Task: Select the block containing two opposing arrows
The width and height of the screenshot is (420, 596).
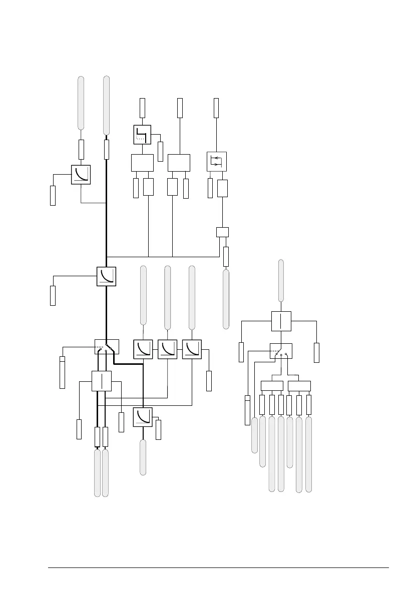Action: click(x=217, y=161)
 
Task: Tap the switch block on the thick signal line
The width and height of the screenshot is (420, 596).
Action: click(x=106, y=345)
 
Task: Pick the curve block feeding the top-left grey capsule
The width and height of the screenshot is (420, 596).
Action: click(x=81, y=174)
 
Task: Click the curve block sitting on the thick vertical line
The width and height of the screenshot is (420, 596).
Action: click(x=106, y=276)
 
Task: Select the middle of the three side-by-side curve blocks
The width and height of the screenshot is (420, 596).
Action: click(x=167, y=349)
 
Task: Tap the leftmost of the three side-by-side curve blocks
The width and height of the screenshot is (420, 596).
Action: click(x=143, y=349)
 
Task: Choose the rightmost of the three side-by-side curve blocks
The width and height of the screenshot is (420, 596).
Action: click(x=192, y=349)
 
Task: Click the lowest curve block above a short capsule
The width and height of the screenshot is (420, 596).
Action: click(x=143, y=417)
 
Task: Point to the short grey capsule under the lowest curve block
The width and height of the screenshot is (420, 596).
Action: click(x=143, y=457)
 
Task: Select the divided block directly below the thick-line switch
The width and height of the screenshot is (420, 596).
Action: click(x=102, y=381)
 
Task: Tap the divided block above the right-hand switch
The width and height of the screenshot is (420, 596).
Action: click(x=281, y=321)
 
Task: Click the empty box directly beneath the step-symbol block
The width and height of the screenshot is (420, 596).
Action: click(x=142, y=163)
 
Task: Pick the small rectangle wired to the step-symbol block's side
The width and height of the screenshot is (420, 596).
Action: click(x=160, y=151)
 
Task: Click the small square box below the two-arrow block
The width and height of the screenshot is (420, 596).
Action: click(x=222, y=232)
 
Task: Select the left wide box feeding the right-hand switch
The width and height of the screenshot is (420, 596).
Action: click(x=272, y=386)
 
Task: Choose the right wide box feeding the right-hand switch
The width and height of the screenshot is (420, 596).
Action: click(x=299, y=386)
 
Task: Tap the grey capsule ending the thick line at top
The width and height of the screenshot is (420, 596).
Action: click(x=106, y=105)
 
